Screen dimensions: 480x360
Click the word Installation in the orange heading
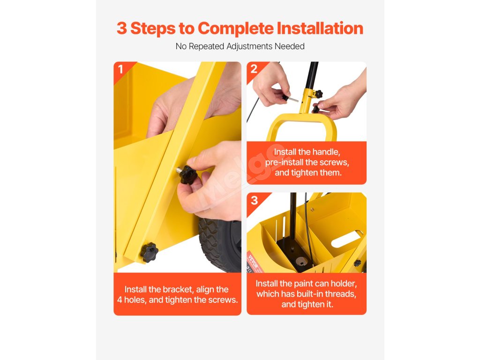(x=320, y=28)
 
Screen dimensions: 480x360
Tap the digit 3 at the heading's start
(x=121, y=28)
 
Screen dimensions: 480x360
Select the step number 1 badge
(x=120, y=69)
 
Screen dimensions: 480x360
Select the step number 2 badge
(x=254, y=69)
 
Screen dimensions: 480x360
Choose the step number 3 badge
(x=255, y=200)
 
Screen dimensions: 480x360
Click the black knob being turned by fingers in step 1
(x=187, y=174)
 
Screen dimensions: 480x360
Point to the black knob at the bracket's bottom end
(x=150, y=252)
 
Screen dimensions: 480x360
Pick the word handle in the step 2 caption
(x=326, y=152)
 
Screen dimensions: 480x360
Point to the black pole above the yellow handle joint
(x=311, y=75)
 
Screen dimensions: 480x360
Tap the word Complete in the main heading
(x=236, y=28)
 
